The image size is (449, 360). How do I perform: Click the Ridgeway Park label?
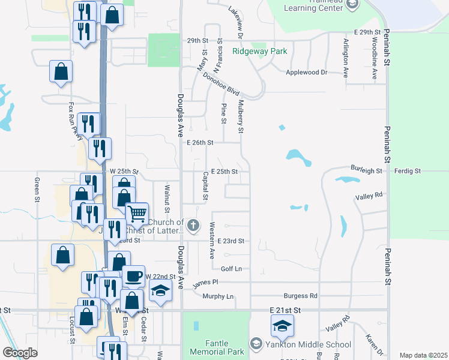[x=260, y=52]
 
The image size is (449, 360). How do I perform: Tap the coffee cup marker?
[x=133, y=276]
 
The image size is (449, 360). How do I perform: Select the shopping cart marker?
[x=137, y=212]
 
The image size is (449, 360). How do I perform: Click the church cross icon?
[x=193, y=226]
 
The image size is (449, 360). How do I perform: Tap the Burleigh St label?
[x=367, y=171]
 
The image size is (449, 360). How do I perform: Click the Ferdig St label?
[x=408, y=171]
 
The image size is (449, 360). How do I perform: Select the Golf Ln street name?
[x=231, y=269]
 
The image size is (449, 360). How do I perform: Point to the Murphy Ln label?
[x=217, y=296]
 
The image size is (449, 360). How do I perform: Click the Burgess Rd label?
[x=300, y=296]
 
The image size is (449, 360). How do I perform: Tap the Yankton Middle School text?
[x=308, y=344]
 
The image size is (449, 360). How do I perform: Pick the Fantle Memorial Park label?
[x=216, y=347]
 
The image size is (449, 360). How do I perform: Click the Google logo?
[x=20, y=353]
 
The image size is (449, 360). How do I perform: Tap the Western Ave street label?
[x=212, y=241]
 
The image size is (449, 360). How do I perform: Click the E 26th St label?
[x=200, y=143]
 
